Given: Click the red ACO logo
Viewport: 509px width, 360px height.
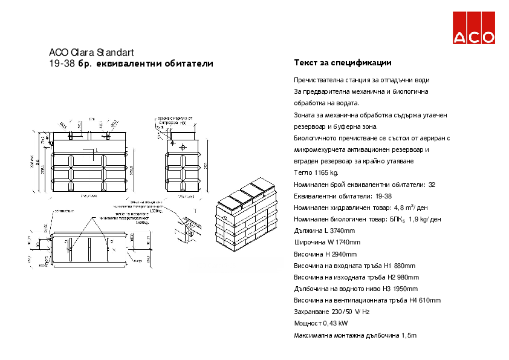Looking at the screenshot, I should (475, 28).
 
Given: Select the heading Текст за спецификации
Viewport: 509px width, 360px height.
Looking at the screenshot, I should (342, 63).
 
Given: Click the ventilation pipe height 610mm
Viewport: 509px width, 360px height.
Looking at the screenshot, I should (429, 300).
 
